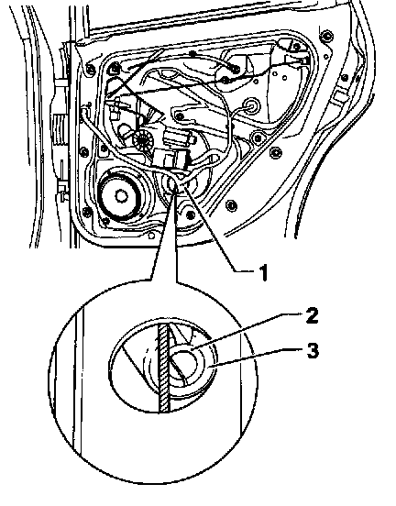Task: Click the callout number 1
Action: tap(264, 272)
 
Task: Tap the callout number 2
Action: tap(312, 315)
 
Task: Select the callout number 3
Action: tap(312, 351)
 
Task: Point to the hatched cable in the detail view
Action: tap(164, 368)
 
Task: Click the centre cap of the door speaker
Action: tap(121, 196)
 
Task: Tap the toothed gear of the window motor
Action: tap(143, 141)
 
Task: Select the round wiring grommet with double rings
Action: tap(250, 105)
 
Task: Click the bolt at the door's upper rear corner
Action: tap(327, 35)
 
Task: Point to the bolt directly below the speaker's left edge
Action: tap(105, 222)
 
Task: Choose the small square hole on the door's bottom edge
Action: tap(151, 236)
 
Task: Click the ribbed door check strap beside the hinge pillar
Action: tap(59, 130)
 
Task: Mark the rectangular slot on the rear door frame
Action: tap(339, 96)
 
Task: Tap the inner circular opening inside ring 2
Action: tap(184, 366)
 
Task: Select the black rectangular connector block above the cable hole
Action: tap(172, 159)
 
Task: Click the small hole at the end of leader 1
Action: tap(172, 185)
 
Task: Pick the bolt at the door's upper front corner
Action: tap(90, 69)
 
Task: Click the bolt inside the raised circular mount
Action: tap(258, 138)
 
